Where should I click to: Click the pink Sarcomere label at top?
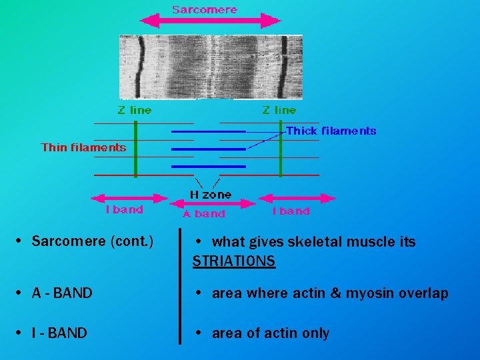coord(204,9)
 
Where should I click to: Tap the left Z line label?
coord(135,110)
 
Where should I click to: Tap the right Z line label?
coord(279,110)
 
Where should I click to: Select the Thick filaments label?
coord(331,131)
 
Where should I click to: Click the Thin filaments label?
coord(83,147)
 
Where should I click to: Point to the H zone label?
coord(211,195)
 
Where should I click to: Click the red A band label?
coord(204,214)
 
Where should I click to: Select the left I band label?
coord(125,210)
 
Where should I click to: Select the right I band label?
coord(291,211)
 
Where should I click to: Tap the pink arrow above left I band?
coord(129,198)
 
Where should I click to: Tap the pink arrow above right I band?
coord(296,198)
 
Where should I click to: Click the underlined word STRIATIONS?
coord(233,261)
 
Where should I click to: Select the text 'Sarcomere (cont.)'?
coord(92,241)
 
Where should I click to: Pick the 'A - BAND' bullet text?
coord(62,293)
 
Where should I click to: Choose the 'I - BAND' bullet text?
coord(59,333)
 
